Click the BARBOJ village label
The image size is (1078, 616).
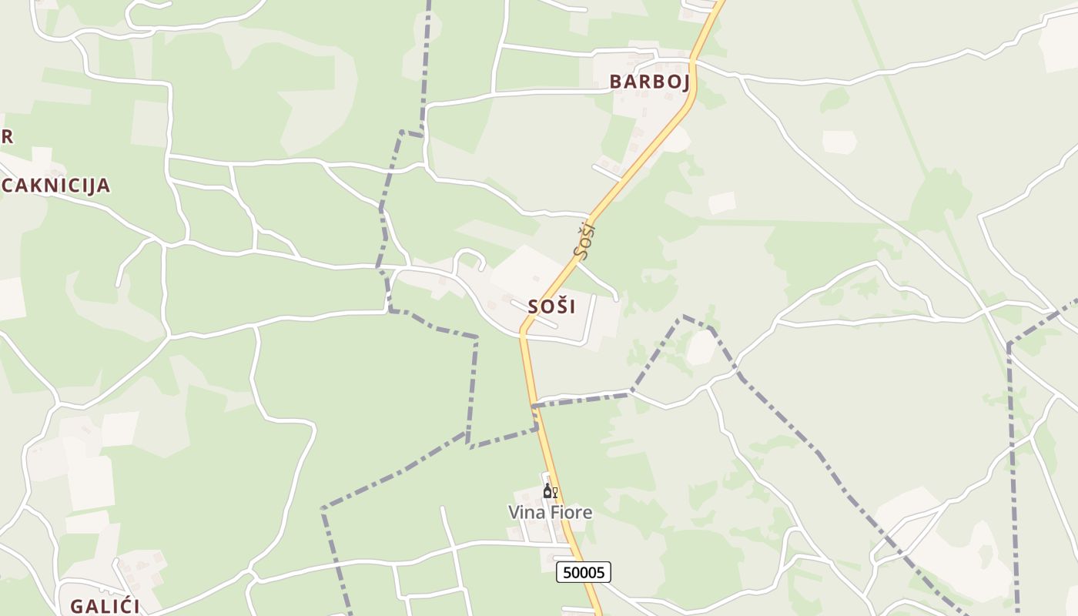(649, 82)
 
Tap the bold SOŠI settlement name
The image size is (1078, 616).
(551, 306)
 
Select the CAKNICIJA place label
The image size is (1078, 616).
(55, 185)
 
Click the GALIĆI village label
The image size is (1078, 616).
(104, 606)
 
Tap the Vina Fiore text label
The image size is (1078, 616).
(550, 512)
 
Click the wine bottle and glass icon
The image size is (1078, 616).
(550, 491)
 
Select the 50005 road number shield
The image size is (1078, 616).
(584, 572)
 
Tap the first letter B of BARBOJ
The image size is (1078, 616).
(616, 82)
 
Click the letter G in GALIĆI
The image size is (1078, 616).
(76, 606)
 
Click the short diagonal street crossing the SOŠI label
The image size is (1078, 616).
(534, 314)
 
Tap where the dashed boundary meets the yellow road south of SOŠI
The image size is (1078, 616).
(533, 405)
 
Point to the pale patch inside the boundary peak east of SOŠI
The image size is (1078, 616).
(700, 348)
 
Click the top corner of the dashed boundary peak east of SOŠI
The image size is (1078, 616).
(682, 316)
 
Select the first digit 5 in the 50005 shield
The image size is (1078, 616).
(567, 572)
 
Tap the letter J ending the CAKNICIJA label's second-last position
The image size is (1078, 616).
(94, 185)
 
